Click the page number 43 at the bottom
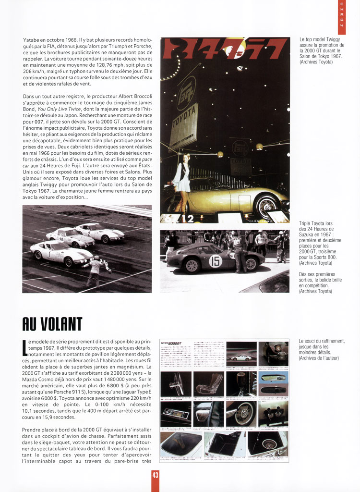[x=155, y=475]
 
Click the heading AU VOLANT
[x=52, y=324]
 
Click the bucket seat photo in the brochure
[x=208, y=383]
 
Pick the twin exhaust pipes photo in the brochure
[x=273, y=413]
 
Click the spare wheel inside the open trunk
[x=269, y=443]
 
